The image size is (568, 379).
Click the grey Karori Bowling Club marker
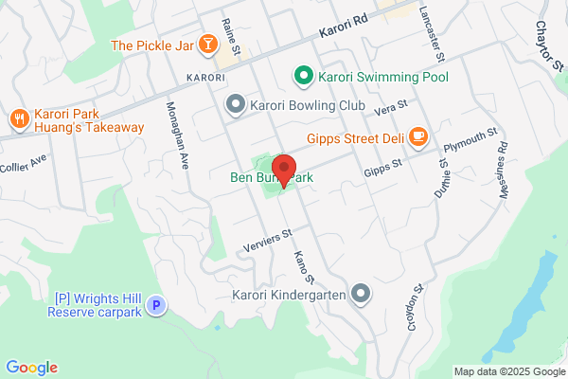pos(235,103)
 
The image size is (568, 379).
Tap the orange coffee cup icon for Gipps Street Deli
pos(417,138)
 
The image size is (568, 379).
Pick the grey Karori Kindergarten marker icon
pos(361,295)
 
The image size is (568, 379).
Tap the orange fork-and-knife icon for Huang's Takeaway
pos(19,118)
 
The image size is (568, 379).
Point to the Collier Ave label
pos(23,167)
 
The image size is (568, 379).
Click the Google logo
pos(31,368)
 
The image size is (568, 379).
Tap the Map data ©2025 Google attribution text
pos(507,371)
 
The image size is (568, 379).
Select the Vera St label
pos(390,107)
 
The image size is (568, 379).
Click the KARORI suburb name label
pos(204,76)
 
